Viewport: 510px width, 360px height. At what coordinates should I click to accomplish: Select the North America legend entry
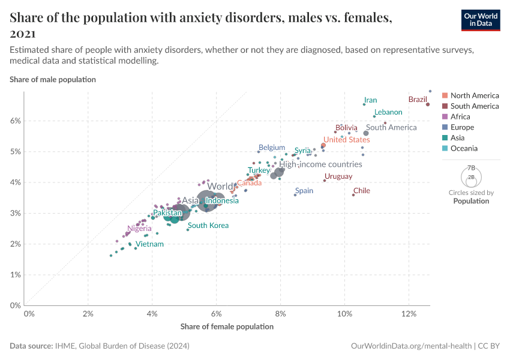click(474, 95)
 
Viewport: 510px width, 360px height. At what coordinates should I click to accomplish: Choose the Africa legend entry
click(464, 116)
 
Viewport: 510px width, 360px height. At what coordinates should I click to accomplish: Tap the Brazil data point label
click(418, 99)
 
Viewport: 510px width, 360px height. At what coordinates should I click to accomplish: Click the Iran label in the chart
click(370, 100)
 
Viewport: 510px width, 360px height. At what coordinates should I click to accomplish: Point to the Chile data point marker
click(353, 195)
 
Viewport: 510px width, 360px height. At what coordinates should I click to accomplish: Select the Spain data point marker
click(295, 195)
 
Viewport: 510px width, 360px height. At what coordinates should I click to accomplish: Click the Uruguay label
click(338, 176)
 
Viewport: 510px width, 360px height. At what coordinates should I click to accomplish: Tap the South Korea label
click(208, 226)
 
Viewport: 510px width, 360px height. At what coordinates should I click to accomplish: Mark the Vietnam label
click(149, 244)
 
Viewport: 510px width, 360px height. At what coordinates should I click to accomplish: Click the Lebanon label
click(388, 112)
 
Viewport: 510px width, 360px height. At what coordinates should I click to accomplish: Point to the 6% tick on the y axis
click(15, 121)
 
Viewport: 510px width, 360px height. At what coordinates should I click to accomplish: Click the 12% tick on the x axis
click(409, 314)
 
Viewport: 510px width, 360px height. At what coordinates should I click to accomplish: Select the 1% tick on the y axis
click(15, 275)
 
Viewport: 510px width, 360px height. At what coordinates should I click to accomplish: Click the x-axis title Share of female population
click(227, 327)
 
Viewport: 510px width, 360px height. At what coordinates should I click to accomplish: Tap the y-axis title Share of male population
click(53, 79)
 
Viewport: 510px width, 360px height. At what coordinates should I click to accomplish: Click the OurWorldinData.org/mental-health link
click(410, 346)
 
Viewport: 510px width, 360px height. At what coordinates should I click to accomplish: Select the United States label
click(346, 140)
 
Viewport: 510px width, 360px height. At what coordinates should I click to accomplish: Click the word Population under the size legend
click(471, 201)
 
